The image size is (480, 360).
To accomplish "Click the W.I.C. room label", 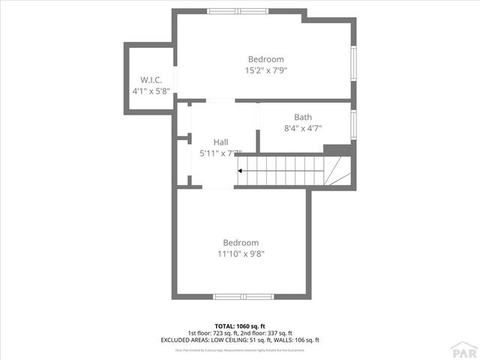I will point(148,79).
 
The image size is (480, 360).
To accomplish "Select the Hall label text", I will point(220,142).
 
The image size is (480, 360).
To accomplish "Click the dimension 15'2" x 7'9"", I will point(265,70).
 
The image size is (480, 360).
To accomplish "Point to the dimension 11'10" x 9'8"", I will point(241,253).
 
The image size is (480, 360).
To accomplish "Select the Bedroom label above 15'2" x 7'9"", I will point(265,59).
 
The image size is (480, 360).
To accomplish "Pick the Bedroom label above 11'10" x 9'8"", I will point(241,242).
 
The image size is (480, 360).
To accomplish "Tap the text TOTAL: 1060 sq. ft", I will point(240,325).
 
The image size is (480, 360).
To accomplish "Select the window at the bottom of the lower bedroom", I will point(244,296).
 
